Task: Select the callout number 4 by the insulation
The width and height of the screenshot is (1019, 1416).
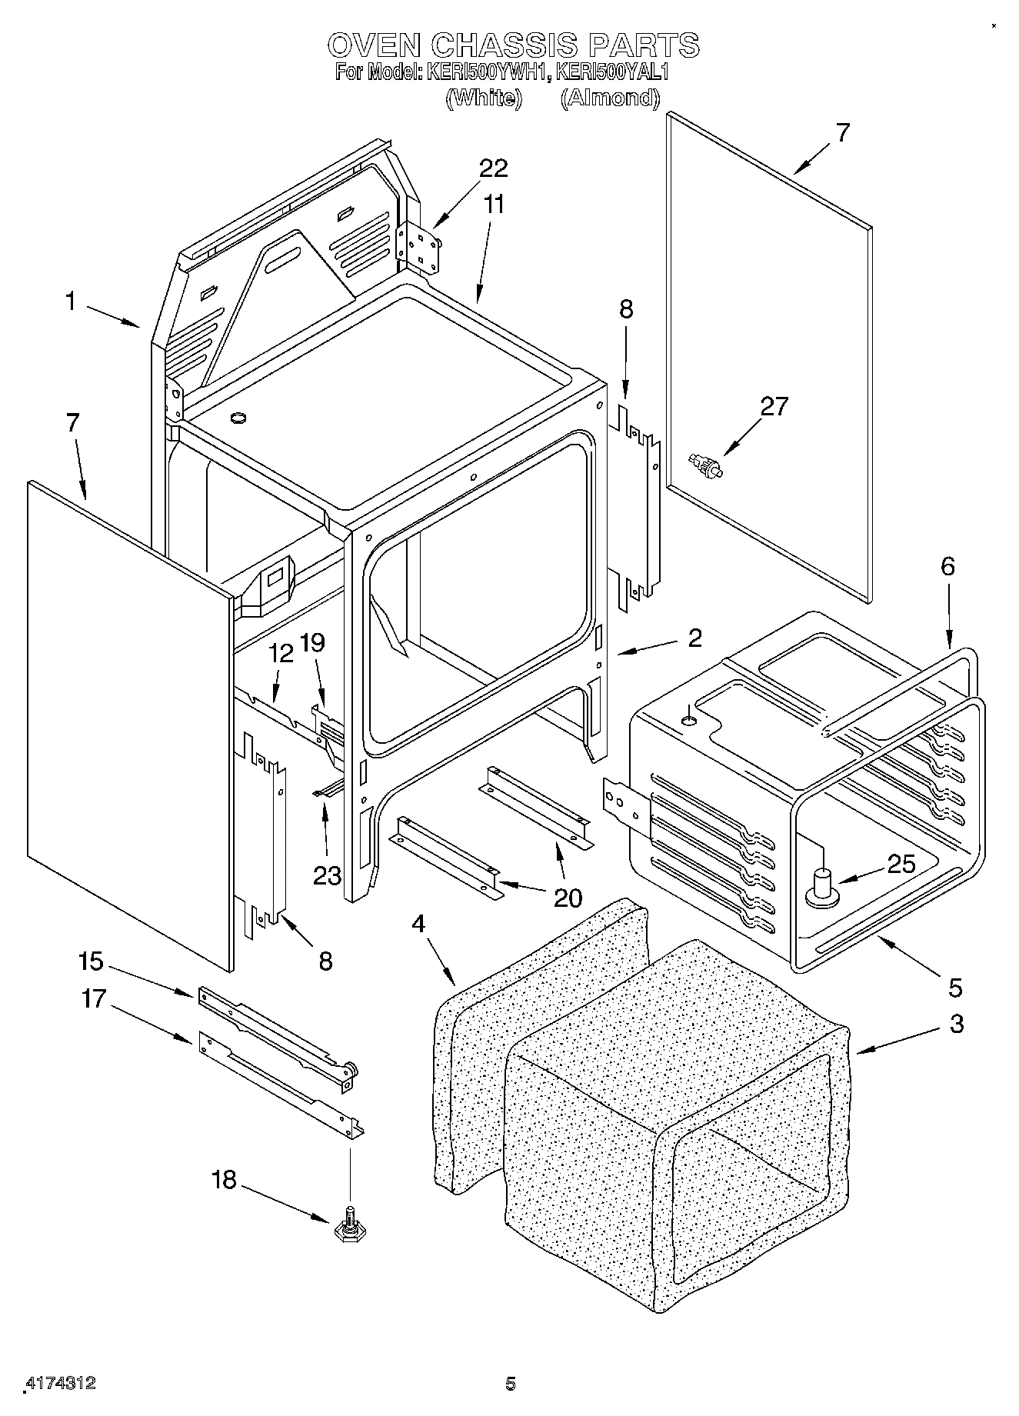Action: tap(418, 924)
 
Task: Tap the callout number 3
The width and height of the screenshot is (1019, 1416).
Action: tap(956, 1025)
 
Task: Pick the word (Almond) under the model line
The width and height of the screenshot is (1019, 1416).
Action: tap(609, 98)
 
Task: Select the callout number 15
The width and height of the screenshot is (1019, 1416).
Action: tap(90, 961)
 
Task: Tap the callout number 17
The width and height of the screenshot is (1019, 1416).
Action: tap(93, 1000)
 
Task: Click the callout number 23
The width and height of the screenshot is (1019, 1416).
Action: tap(327, 875)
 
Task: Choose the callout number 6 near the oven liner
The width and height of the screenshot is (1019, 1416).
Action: tap(947, 567)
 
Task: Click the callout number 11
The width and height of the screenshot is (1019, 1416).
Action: tap(495, 205)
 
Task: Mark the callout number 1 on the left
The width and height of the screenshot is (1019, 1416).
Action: tap(71, 302)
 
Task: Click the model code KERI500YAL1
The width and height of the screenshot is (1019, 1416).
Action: tap(613, 73)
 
